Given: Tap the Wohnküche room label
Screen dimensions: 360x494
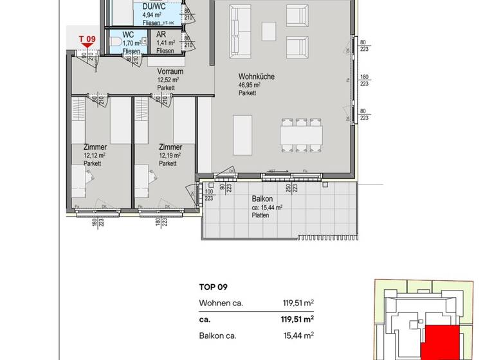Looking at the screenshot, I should coord(256,76).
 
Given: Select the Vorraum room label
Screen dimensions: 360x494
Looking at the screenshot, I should coord(170,72).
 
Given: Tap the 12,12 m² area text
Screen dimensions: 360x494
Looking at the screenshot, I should coord(94,155).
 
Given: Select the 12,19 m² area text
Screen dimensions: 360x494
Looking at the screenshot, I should coord(170,155).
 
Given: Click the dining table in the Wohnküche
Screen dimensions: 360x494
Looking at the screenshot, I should coord(301,135).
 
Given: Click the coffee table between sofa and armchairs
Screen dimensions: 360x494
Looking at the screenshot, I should coord(268,32).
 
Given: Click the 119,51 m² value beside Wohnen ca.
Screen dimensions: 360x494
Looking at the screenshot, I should coord(299,303).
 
